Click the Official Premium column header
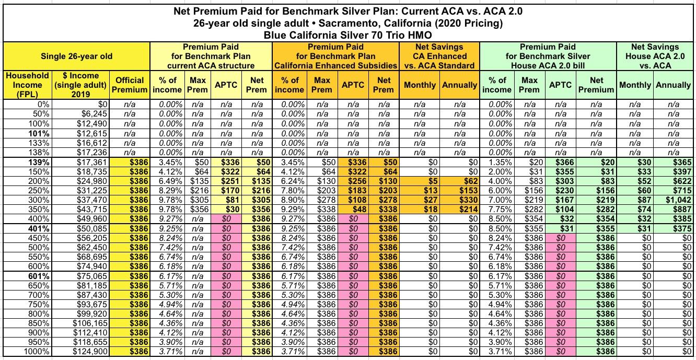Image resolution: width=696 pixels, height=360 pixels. [x=130, y=85]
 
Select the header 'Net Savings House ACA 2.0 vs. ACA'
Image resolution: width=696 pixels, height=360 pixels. [x=655, y=56]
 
